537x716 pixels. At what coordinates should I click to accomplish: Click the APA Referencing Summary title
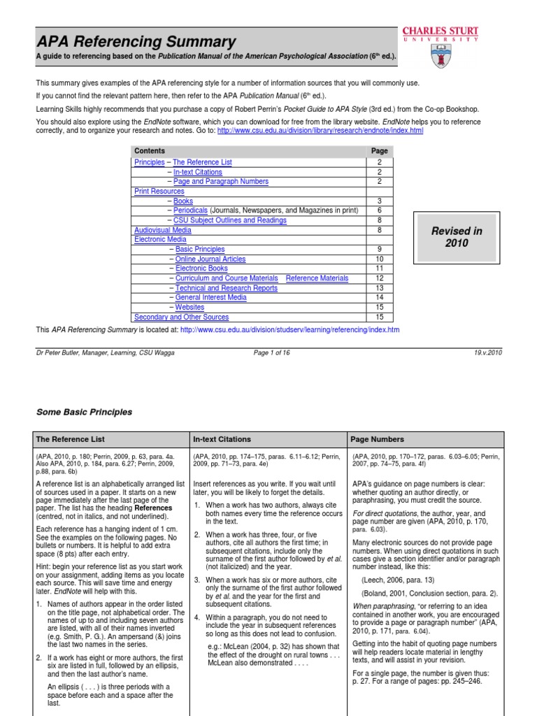[136, 42]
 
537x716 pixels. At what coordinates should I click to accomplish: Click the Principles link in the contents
[149, 162]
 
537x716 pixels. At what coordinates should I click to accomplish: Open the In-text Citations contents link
[198, 172]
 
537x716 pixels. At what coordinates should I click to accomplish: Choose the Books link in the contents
[183, 201]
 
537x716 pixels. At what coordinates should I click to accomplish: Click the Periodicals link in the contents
[190, 210]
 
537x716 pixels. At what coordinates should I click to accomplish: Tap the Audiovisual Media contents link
[162, 230]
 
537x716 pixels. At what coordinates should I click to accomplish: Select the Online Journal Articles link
[210, 259]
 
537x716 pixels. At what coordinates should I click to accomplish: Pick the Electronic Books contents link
[201, 268]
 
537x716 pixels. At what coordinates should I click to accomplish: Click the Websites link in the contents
[189, 308]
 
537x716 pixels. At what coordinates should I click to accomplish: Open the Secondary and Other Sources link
[181, 317]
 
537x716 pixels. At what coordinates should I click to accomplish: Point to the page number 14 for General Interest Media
[378, 298]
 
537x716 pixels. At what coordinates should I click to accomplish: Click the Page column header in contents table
[378, 151]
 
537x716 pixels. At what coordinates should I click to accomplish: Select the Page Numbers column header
[377, 439]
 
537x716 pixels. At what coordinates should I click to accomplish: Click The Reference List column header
[70, 439]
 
